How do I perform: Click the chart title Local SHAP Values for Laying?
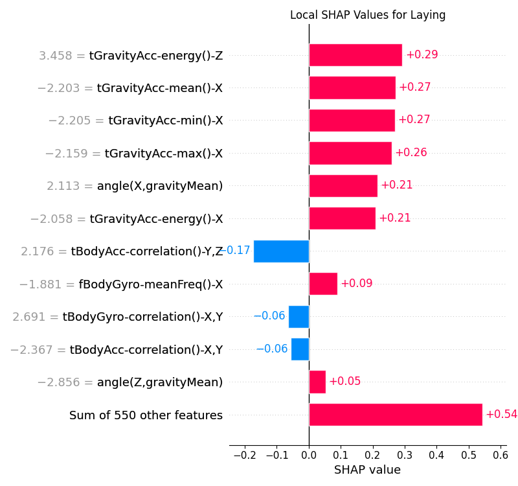click(x=367, y=15)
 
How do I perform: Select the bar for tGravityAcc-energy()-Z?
click(x=355, y=55)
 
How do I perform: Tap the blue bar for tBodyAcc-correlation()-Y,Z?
click(x=281, y=251)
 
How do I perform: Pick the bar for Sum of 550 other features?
click(x=396, y=415)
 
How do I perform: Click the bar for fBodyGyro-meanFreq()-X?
click(x=323, y=284)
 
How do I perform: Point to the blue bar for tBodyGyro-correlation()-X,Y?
click(x=299, y=316)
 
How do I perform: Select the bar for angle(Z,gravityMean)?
click(x=317, y=382)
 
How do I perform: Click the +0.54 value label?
click(x=501, y=415)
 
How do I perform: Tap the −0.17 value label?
click(x=234, y=251)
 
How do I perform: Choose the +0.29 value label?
click(x=422, y=55)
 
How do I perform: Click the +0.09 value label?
click(x=356, y=284)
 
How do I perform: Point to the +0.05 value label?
click(x=344, y=382)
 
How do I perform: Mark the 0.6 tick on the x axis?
click(x=500, y=455)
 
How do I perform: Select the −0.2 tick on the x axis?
click(x=244, y=455)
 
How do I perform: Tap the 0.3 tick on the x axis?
click(x=405, y=455)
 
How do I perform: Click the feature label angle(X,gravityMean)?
click(x=160, y=186)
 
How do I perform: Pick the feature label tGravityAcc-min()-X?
click(x=165, y=121)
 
